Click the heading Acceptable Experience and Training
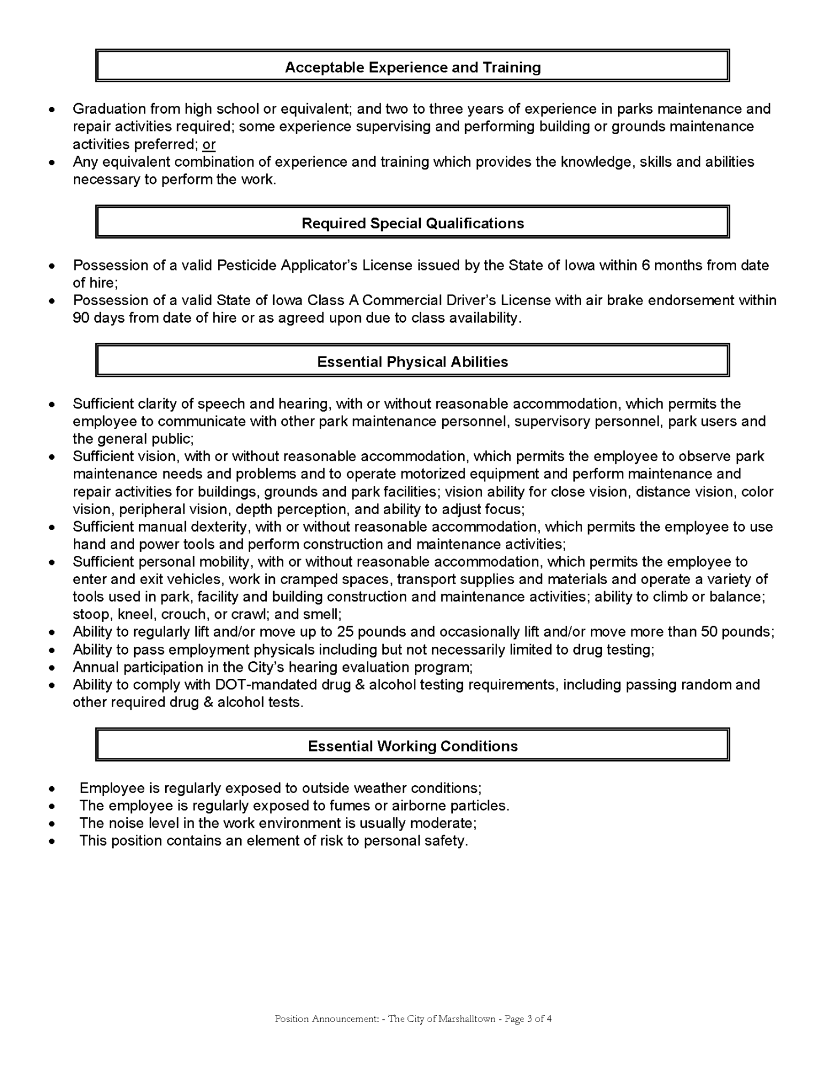click(413, 67)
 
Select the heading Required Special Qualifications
click(413, 223)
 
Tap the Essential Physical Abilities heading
click(413, 362)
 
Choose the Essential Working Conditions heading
click(413, 746)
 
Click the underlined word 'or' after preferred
click(209, 144)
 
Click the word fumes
click(326, 805)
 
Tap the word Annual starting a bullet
click(96, 667)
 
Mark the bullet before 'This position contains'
click(51, 841)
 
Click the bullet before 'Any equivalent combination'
click(51, 162)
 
